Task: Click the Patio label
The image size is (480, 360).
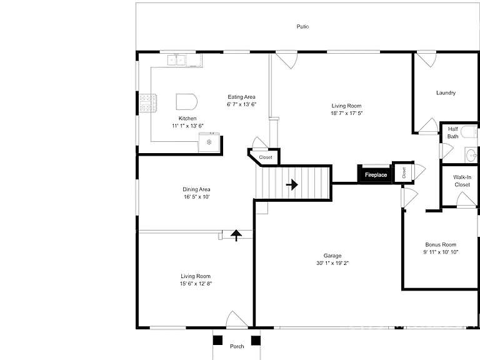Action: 302,27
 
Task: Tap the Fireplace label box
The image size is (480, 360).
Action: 376,175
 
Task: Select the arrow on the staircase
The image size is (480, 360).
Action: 292,184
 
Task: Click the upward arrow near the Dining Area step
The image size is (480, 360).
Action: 236,236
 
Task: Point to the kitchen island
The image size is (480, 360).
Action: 186,102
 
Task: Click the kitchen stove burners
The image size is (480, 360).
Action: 148,103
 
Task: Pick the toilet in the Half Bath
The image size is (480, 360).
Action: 469,132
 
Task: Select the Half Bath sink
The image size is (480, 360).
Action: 471,154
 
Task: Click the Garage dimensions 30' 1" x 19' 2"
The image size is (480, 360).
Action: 332,263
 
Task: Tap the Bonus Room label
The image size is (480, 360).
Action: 441,244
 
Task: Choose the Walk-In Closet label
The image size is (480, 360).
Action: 462,181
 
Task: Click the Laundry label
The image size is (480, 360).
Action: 446,92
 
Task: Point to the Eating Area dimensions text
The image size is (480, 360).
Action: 241,104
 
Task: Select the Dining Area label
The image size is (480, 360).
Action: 196,189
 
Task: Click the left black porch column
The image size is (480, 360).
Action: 217,341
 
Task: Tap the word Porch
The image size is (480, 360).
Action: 237,346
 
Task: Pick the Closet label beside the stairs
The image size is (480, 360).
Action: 266,157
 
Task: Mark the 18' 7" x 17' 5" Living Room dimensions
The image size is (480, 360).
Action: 346,113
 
